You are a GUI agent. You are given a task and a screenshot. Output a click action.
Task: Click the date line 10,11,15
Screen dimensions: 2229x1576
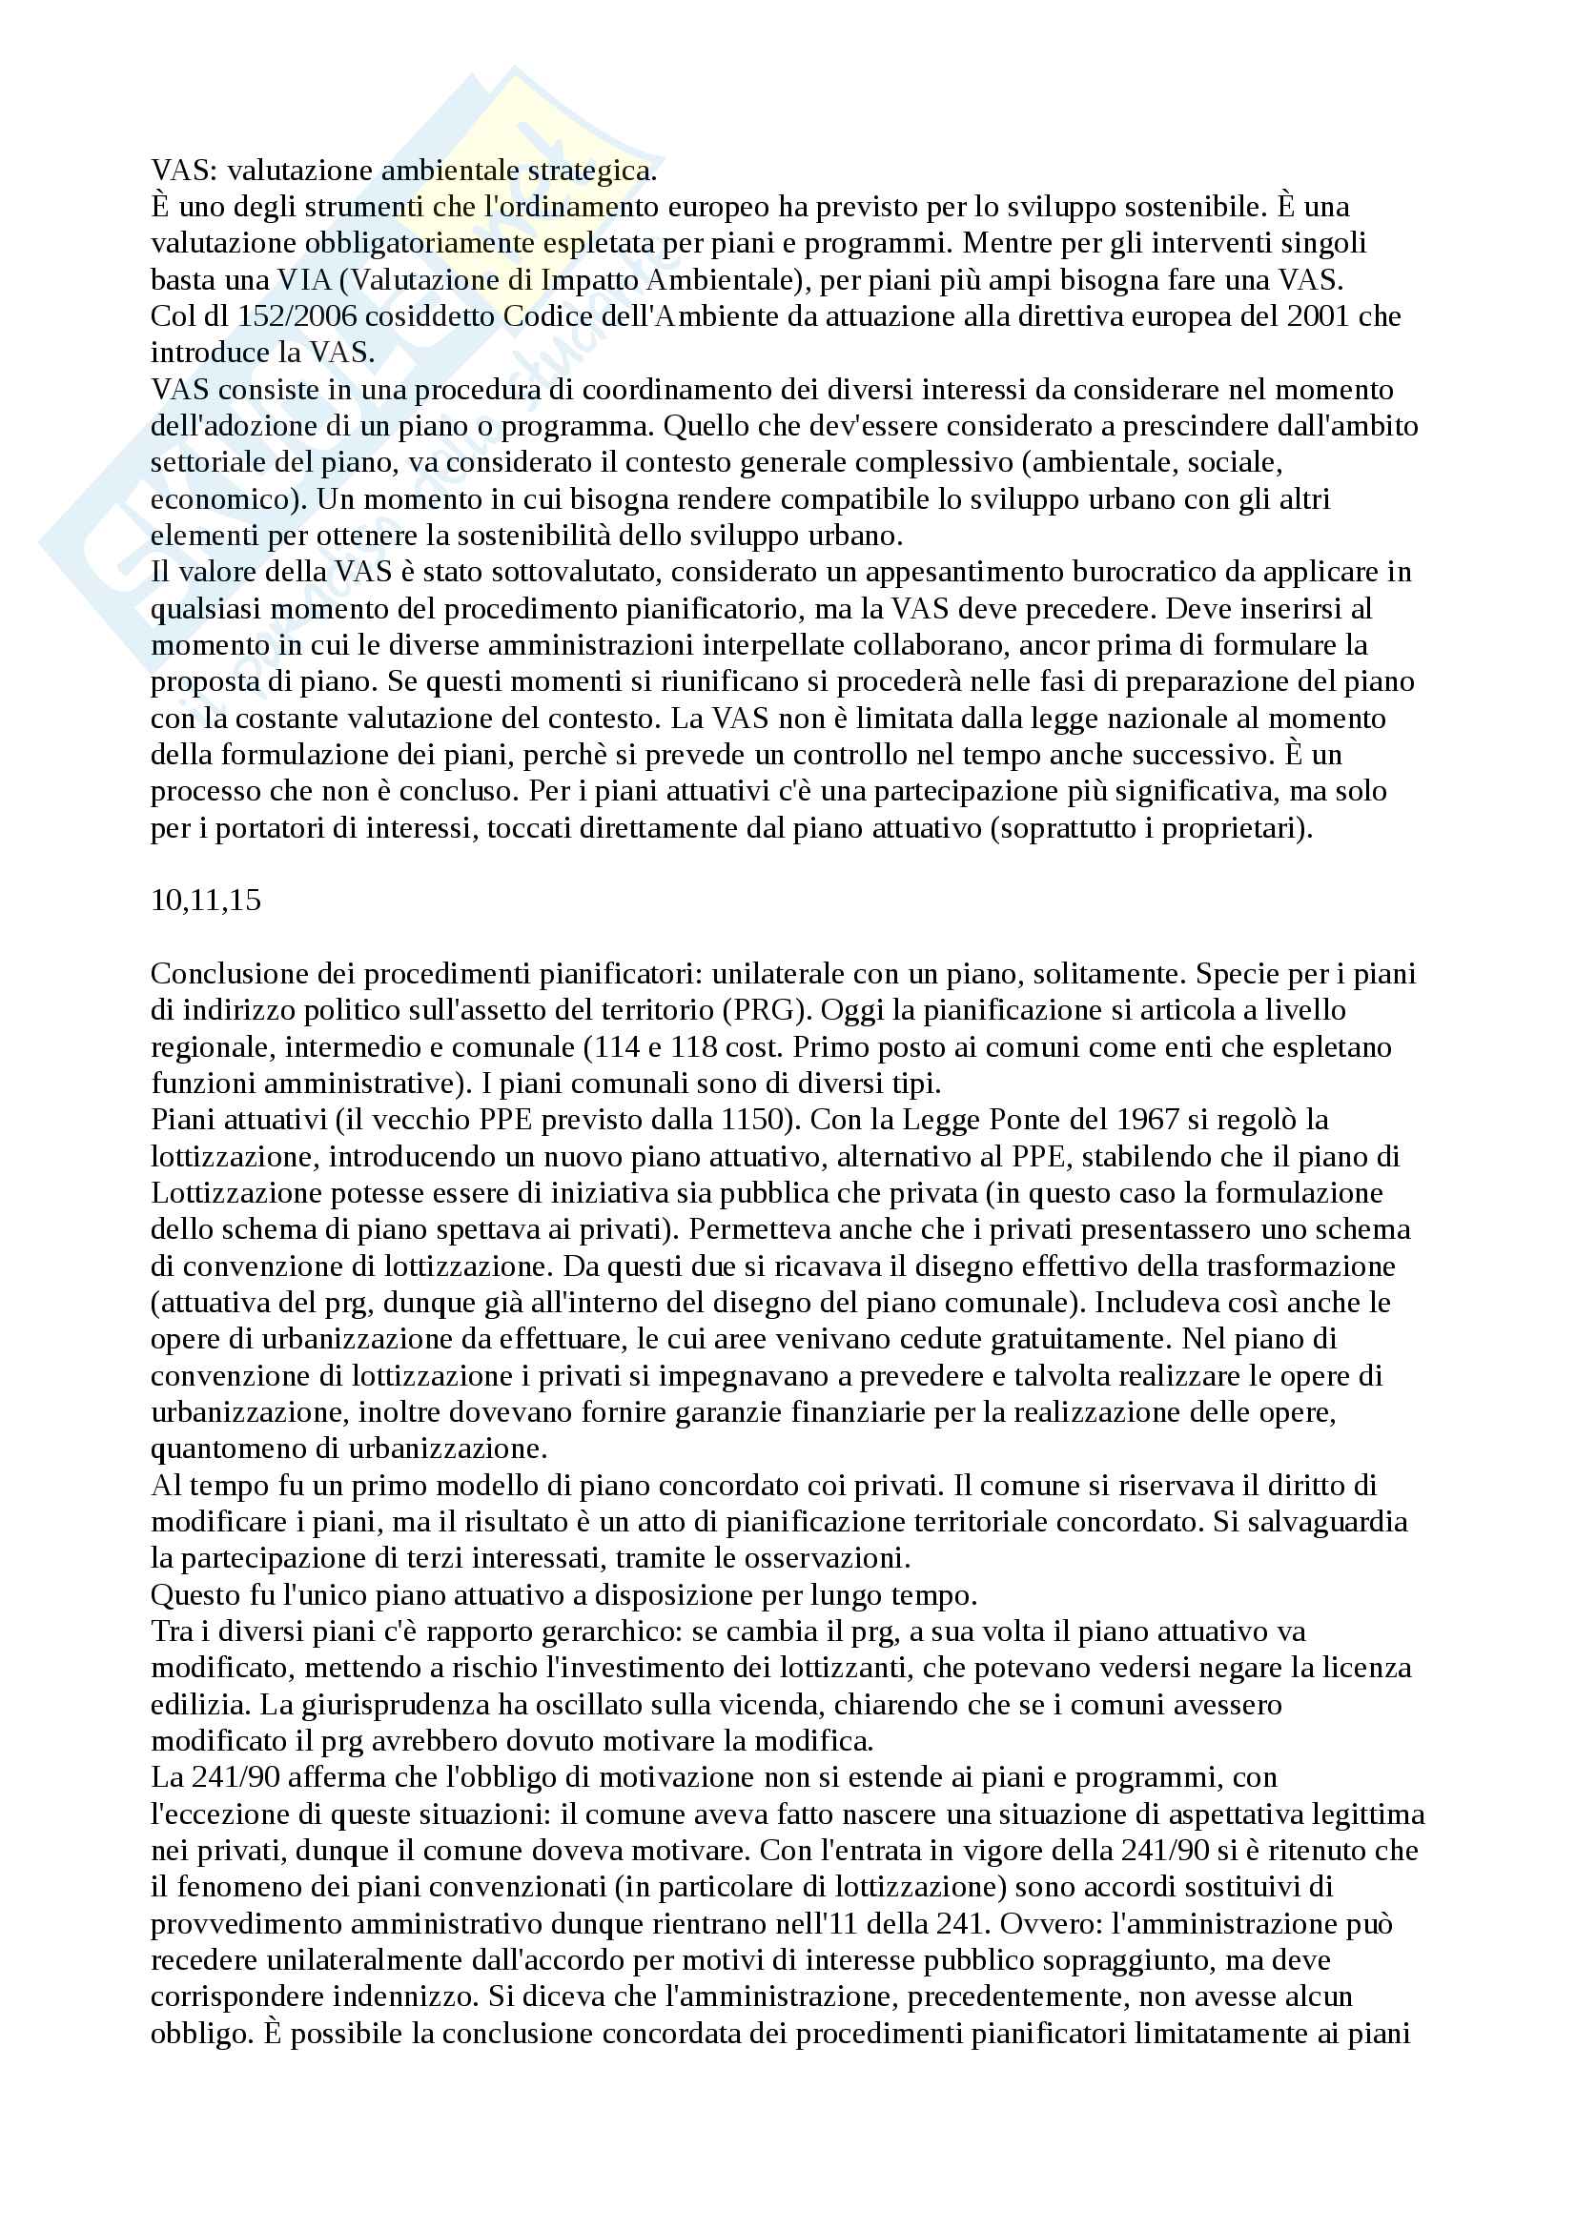pyautogui.click(x=206, y=901)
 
